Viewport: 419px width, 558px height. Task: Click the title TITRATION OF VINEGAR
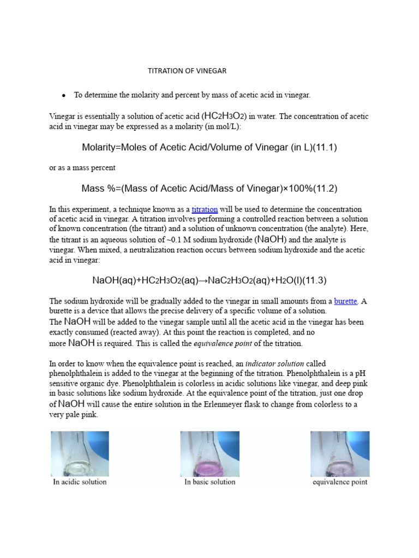click(x=187, y=71)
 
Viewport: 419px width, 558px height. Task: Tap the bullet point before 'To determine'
click(x=64, y=95)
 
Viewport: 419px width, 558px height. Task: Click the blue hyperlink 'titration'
click(x=205, y=209)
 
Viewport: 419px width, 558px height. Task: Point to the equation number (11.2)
click(x=321, y=189)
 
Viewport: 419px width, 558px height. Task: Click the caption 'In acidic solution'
click(x=80, y=482)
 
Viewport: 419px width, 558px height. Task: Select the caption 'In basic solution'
click(x=210, y=482)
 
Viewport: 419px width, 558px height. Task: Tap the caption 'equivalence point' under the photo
click(x=340, y=482)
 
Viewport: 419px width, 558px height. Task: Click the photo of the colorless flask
click(x=80, y=453)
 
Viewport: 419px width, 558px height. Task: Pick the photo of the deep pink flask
click(x=209, y=453)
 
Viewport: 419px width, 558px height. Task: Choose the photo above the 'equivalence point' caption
click(x=339, y=453)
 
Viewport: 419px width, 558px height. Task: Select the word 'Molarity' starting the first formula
click(x=100, y=148)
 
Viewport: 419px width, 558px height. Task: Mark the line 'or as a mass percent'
click(x=82, y=168)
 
